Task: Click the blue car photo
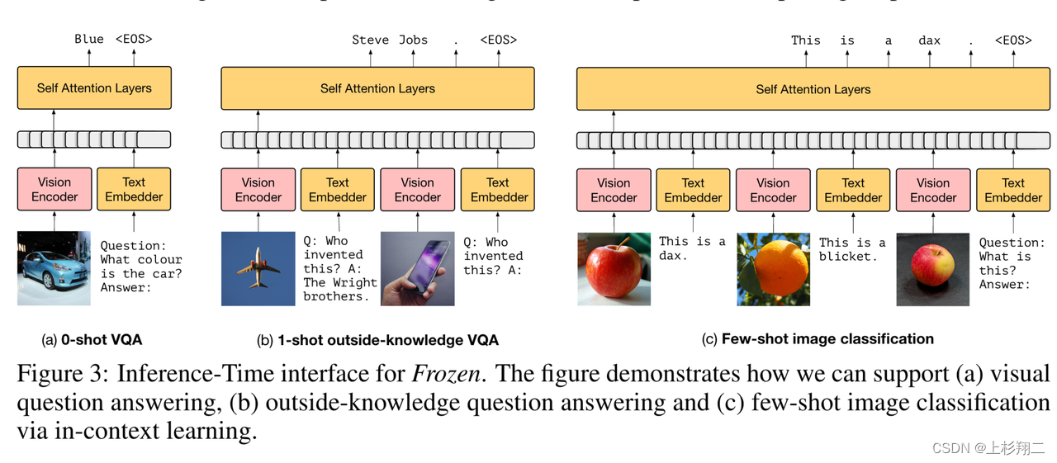coord(54,268)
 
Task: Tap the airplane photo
coord(258,268)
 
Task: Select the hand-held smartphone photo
coord(417,268)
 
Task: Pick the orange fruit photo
coord(773,269)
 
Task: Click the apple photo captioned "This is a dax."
coord(614,269)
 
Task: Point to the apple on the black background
coord(932,269)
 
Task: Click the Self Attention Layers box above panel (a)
coord(94,88)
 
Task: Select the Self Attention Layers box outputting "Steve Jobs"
coord(377,88)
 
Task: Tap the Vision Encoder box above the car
coord(55,189)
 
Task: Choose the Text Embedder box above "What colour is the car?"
coord(134,189)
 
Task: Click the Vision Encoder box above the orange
coord(773,190)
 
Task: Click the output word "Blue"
coord(89,39)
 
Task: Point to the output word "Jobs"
coord(414,40)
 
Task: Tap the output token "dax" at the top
coord(929,40)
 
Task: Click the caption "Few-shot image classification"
coord(827,338)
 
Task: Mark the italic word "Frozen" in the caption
coord(445,374)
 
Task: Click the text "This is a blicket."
coord(852,249)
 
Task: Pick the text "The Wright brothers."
coord(339,289)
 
